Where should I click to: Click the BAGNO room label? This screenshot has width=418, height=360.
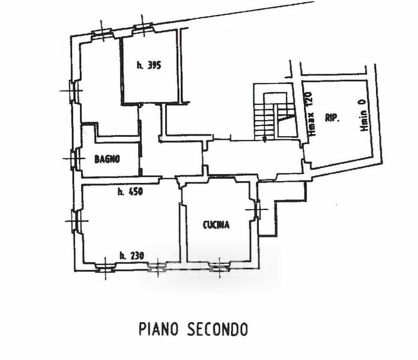tap(108, 160)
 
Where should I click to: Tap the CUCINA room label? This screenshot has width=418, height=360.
tap(216, 225)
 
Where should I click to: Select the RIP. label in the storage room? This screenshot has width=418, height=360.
tap(332, 118)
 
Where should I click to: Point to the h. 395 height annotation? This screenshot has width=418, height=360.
tap(149, 65)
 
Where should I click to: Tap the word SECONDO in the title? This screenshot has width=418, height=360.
tap(216, 329)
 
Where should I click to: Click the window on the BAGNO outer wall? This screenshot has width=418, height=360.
tap(74, 158)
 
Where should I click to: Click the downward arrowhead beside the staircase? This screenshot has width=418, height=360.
tap(264, 138)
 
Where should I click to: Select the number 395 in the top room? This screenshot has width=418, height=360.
tap(155, 65)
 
